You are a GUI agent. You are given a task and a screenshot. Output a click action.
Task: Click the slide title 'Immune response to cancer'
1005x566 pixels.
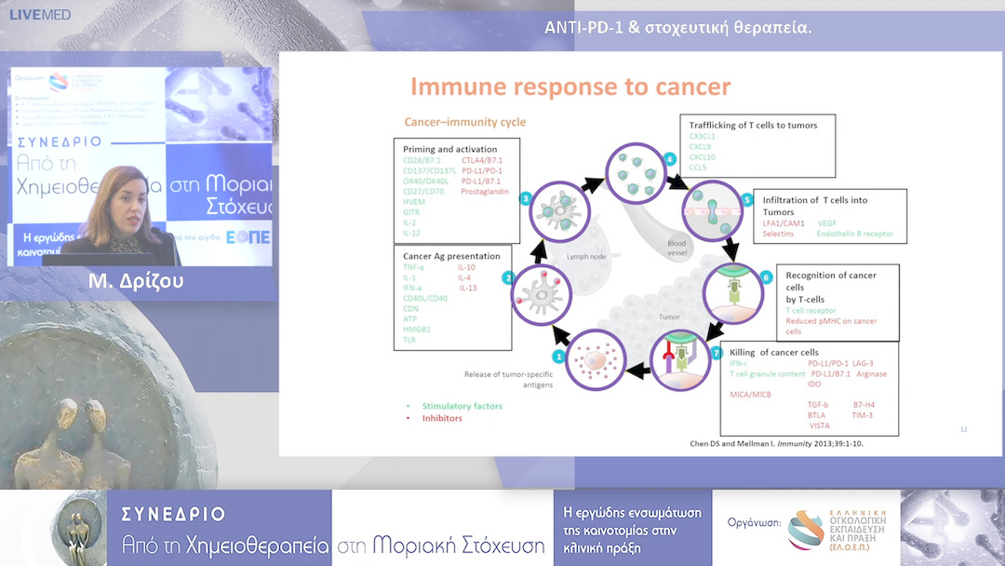point(570,88)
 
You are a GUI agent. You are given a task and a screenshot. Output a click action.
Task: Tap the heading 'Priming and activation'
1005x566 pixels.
point(449,149)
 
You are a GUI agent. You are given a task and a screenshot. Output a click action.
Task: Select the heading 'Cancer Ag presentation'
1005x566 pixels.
point(451,256)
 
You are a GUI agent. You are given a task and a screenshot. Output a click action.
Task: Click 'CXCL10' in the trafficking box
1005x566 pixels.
point(703,157)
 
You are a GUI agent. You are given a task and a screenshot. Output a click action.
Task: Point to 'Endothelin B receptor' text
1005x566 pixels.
point(856,234)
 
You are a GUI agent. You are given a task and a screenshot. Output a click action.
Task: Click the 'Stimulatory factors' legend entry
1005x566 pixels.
point(462,407)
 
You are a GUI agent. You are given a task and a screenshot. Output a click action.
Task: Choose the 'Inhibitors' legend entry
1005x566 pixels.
point(442,418)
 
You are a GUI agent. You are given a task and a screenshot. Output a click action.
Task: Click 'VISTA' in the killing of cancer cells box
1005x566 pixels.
point(819,425)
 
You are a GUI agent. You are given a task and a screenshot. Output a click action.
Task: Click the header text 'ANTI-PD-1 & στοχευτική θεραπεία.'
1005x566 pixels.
point(677,27)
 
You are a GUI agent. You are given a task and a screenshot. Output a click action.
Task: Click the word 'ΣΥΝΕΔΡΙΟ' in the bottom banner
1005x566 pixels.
point(173,514)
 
